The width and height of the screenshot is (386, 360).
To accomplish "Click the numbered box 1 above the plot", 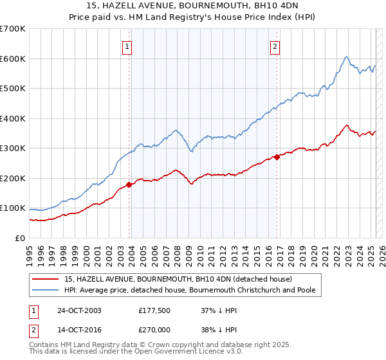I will coord(127,46).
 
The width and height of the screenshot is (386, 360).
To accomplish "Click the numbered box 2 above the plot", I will coord(275,46).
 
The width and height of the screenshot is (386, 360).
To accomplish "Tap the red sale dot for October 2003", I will coord(129,184).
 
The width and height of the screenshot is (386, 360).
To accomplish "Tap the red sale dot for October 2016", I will coord(277,157).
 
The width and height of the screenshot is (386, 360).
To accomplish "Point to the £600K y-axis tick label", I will coord(13,59).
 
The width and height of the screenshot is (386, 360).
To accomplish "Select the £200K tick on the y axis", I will coord(13,178).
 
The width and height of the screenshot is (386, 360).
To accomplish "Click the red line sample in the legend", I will coord(46,279).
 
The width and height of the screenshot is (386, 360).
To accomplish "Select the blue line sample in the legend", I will coord(46,291).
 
